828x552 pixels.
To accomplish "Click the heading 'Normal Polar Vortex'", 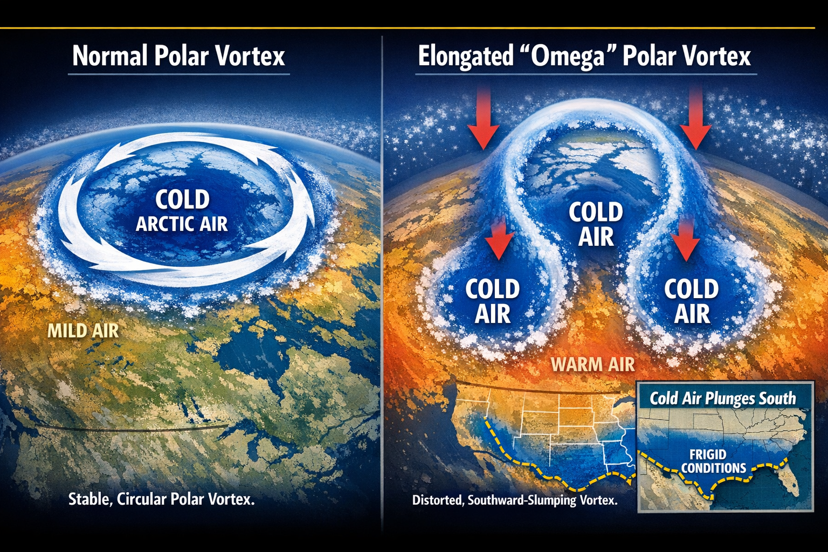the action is (178, 56).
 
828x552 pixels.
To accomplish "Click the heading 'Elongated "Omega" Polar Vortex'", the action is (584, 56).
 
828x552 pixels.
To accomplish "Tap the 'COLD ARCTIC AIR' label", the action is (182, 211).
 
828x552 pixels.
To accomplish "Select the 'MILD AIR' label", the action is (83, 330).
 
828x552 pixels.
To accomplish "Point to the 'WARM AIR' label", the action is (592, 364).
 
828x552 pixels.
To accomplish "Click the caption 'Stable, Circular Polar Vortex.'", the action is (161, 499).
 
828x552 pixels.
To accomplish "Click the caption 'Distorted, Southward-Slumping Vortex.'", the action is (515, 500).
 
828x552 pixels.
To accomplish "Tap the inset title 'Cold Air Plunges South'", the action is (722, 398).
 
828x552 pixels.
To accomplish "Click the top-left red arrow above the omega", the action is (484, 120).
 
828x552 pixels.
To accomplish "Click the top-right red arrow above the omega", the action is (695, 120).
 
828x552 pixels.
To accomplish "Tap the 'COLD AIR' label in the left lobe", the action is (492, 301).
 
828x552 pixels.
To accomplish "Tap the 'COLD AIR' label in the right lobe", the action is (692, 301).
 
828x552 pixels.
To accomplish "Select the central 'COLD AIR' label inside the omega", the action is (596, 224).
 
